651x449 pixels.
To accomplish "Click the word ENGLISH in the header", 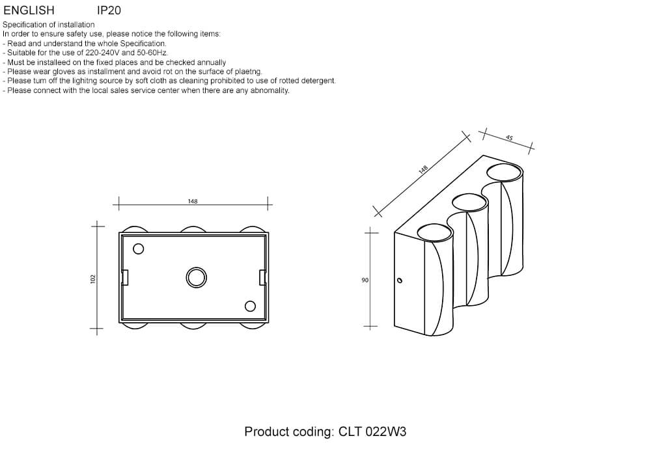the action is pos(29,10).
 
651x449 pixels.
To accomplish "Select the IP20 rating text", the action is pos(109,10).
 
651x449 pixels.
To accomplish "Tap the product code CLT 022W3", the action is pos(372,431).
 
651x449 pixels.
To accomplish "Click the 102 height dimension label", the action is pos(93,279).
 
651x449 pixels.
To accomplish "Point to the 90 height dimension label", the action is pos(365,280).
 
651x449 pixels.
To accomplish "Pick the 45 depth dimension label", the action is pos(510,138).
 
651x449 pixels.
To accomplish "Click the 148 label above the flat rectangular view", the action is pos(193,201).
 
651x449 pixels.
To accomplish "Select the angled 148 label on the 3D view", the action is pos(422,169).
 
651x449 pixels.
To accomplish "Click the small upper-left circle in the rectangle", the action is pos(138,249).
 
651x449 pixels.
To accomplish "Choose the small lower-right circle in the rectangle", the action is pos(250,306).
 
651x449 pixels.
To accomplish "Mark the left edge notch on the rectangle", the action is pos(124,278).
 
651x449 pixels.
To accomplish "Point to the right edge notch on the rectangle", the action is pos(262,278).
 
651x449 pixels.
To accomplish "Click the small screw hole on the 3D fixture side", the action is pos(400,280).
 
